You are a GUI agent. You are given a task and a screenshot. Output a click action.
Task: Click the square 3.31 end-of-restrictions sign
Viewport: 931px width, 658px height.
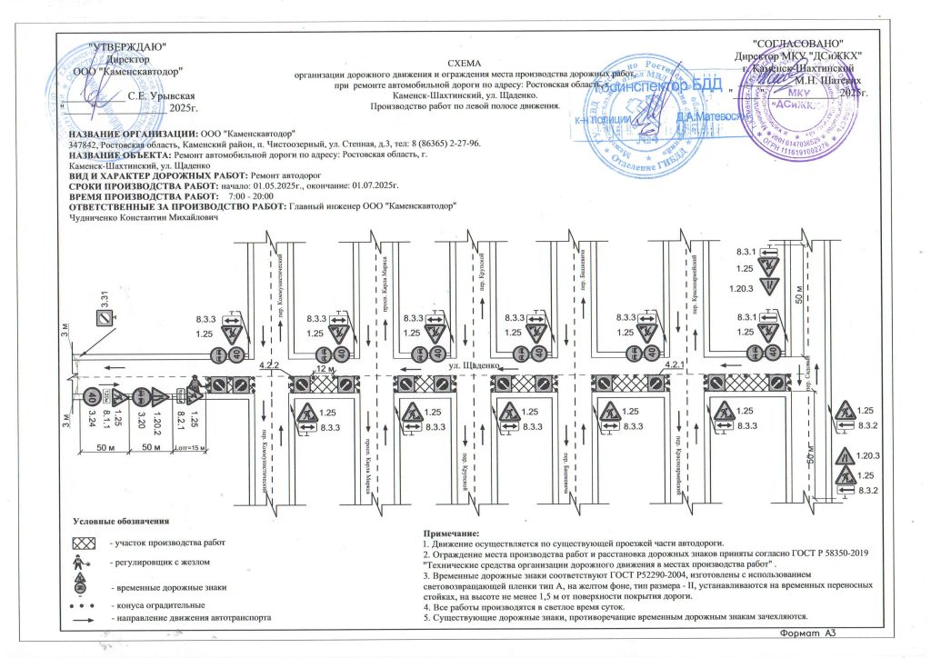pyautogui.click(x=105, y=317)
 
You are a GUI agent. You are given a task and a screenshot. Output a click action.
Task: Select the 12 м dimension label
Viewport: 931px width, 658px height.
pyautogui.click(x=325, y=370)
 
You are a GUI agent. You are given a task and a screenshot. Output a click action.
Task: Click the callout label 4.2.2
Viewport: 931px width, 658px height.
pyautogui.click(x=270, y=365)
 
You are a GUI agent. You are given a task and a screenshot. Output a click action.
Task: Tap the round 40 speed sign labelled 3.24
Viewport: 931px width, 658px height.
pyautogui.click(x=93, y=397)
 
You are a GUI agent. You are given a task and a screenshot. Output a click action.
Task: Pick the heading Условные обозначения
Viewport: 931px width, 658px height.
pyautogui.click(x=122, y=522)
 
